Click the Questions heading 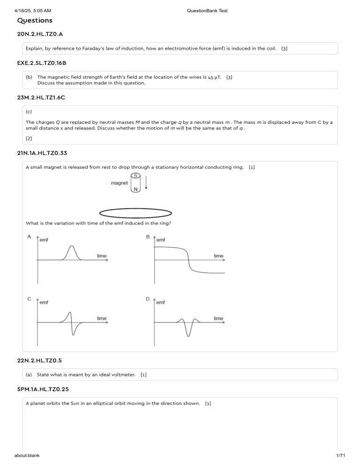coord(35,21)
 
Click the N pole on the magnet coord(135,189)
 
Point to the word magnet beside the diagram coord(119,183)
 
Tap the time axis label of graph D coord(218,318)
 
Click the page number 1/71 coord(350,461)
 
